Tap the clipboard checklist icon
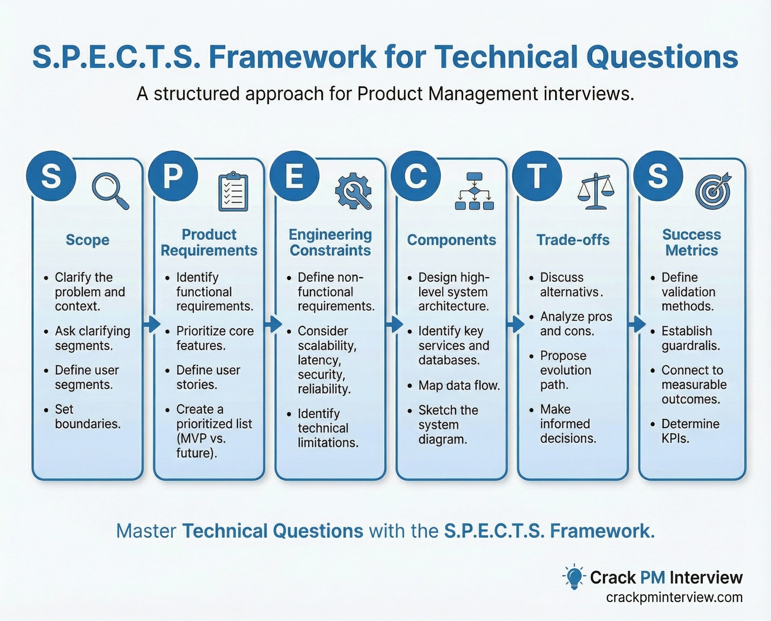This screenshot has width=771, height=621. (233, 192)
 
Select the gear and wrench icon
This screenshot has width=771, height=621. (353, 191)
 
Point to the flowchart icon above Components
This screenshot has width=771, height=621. (475, 191)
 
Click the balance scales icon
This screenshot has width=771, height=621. (595, 191)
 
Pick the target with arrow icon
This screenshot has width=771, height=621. (713, 191)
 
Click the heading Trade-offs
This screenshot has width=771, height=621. (573, 240)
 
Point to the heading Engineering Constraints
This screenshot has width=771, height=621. (330, 243)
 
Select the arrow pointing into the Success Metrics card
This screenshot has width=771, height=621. (637, 324)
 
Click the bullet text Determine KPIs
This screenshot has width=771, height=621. (690, 431)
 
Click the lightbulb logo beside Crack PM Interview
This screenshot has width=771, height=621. (574, 577)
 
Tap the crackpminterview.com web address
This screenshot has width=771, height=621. (674, 597)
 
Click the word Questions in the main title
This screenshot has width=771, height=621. (662, 57)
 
